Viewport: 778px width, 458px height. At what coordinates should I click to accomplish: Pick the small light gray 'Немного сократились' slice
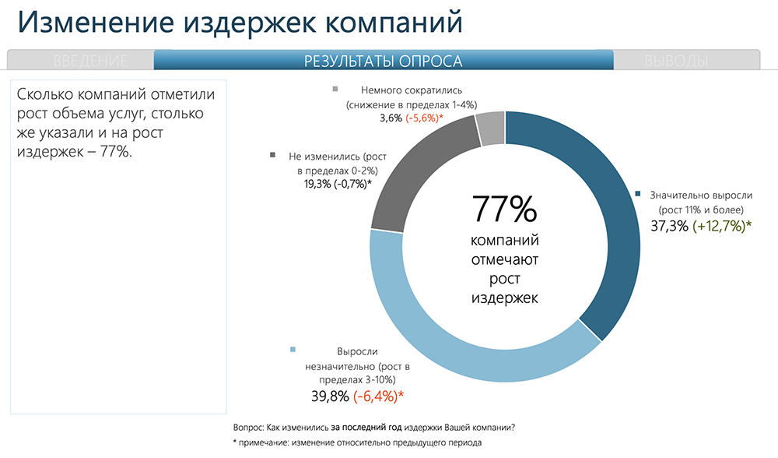pyautogui.click(x=490, y=129)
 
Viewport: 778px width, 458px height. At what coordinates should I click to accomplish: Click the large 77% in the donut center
pyautogui.click(x=504, y=210)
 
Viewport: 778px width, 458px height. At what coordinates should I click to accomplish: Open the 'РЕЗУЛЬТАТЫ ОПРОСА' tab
pyautogui.click(x=383, y=61)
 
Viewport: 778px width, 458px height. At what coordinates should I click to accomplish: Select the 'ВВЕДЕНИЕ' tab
pyautogui.click(x=91, y=61)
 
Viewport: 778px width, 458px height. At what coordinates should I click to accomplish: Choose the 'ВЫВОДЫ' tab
pyautogui.click(x=676, y=61)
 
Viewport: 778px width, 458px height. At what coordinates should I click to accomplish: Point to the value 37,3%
pyautogui.click(x=669, y=227)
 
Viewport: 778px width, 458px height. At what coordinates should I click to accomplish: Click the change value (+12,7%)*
pyautogui.click(x=722, y=227)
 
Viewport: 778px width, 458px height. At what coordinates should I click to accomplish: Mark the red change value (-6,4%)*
pyautogui.click(x=378, y=396)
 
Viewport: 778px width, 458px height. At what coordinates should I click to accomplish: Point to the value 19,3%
pyautogui.click(x=310, y=183)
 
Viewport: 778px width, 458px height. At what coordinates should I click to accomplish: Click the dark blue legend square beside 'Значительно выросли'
pyautogui.click(x=638, y=195)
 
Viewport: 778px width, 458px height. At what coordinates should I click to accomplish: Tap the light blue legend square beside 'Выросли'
pyautogui.click(x=293, y=351)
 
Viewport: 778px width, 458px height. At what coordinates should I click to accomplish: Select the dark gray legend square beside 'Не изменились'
pyautogui.click(x=273, y=155)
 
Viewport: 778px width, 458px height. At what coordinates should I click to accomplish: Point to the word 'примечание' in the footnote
pyautogui.click(x=265, y=443)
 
